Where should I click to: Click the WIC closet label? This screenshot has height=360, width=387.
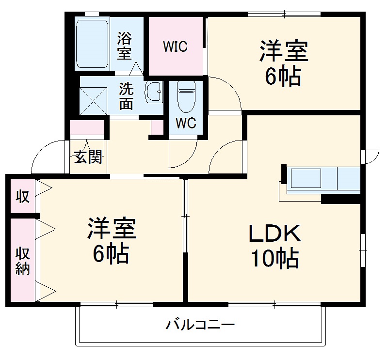point(175,47)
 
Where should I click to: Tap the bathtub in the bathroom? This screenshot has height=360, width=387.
point(92,44)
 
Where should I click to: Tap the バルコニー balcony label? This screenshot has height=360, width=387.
point(200,324)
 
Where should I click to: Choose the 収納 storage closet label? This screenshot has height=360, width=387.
point(23,261)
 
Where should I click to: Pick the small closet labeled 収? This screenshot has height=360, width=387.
point(22,196)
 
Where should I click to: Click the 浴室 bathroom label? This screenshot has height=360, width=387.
point(125,45)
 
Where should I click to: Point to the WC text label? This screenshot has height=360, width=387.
point(185,123)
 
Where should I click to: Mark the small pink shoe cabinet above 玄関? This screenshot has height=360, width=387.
point(87,127)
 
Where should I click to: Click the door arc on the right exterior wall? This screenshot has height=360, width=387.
point(371,156)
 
